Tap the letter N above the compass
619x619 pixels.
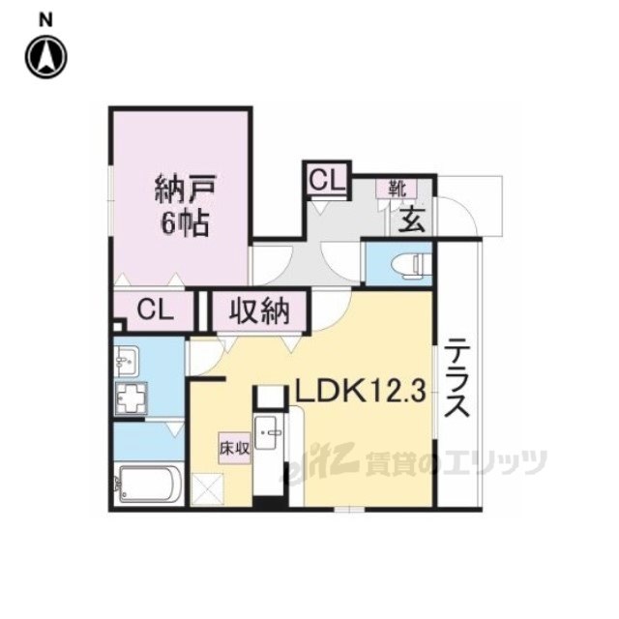tap(45, 20)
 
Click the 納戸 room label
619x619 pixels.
tap(185, 190)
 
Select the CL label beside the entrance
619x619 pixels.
tap(327, 181)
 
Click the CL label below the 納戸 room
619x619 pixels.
tap(155, 309)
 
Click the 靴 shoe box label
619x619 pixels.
tap(397, 189)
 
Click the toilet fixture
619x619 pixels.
tap(410, 262)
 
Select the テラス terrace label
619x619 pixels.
tap(457, 378)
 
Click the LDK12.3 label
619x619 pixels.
tap(361, 392)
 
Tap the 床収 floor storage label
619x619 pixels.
tap(235, 449)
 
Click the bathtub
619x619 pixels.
tap(149, 485)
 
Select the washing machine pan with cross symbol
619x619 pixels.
tap(132, 398)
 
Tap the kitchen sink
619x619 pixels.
tap(269, 432)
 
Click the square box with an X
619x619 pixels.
tap(208, 489)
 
